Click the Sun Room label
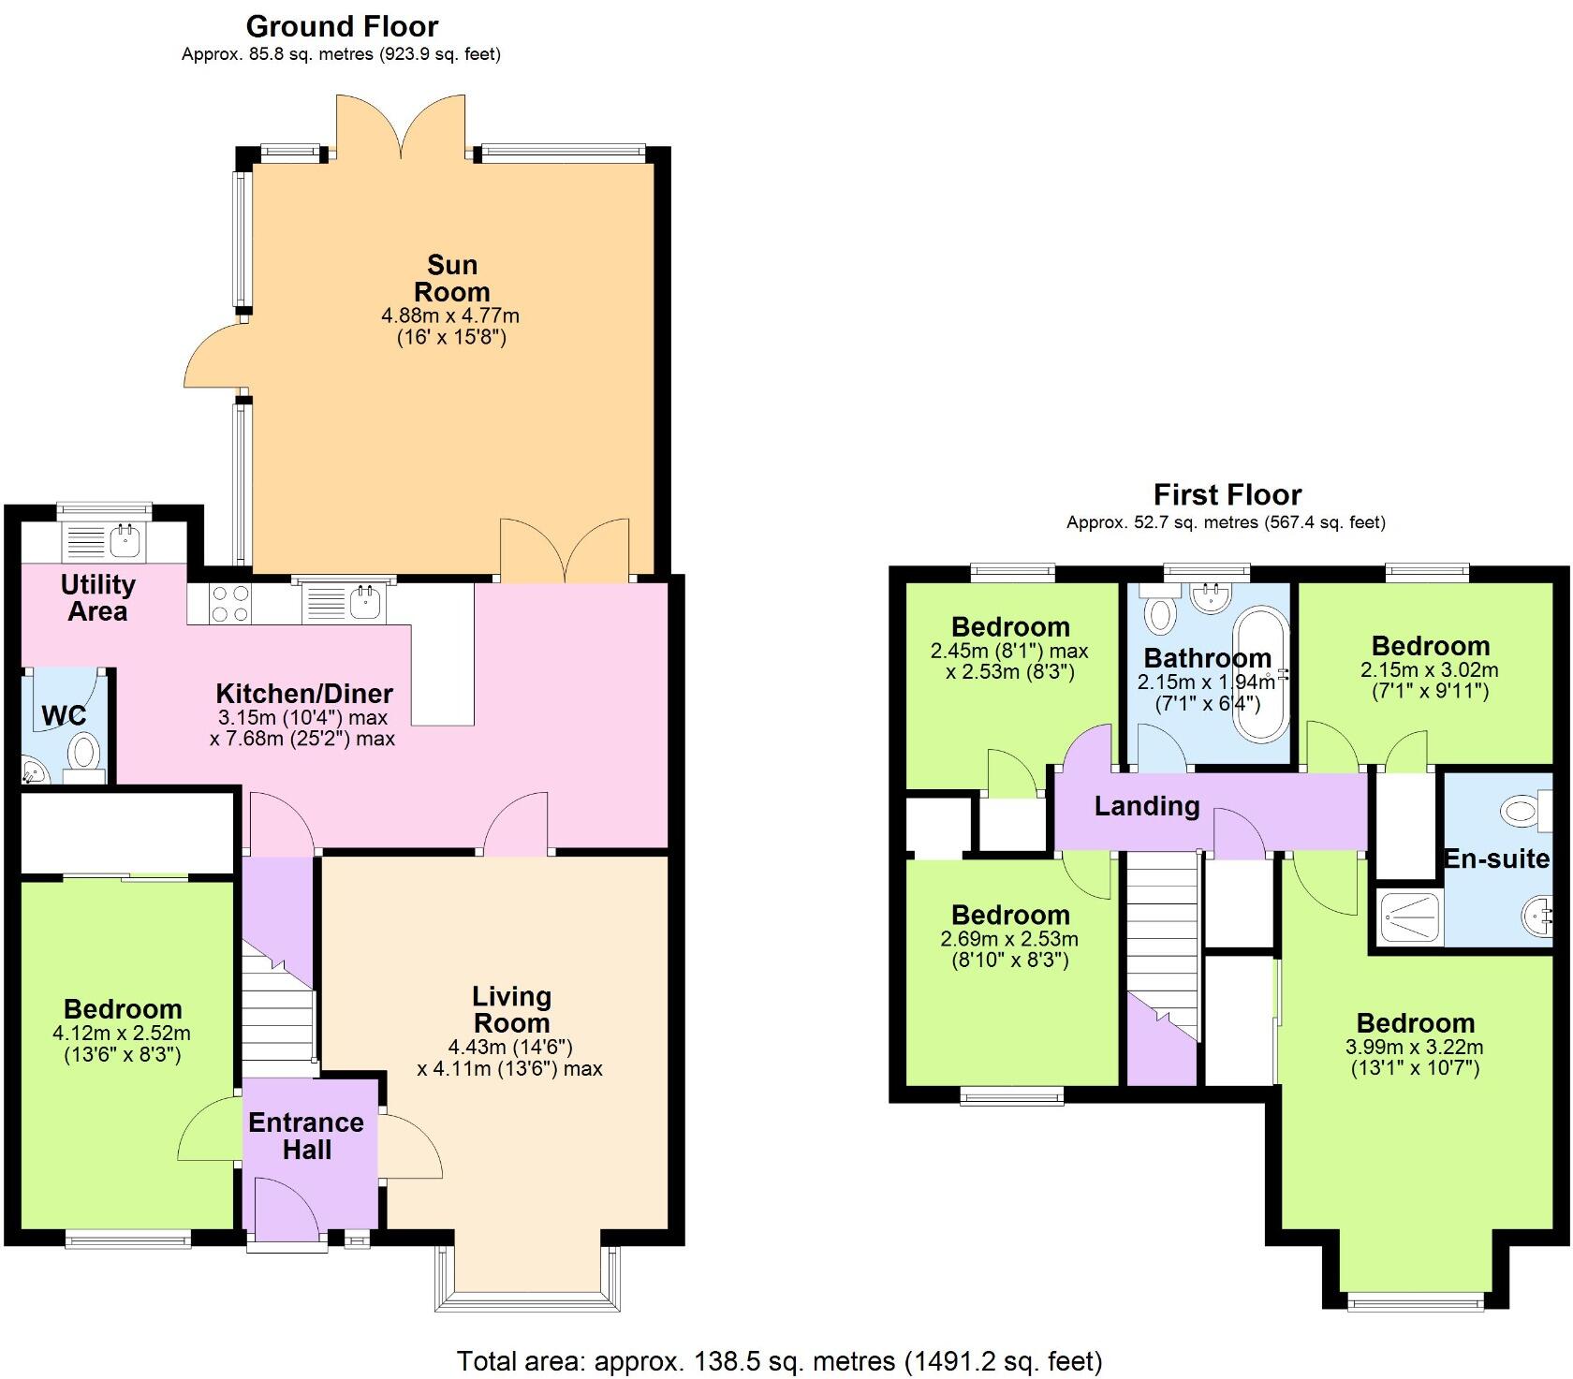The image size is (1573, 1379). (452, 278)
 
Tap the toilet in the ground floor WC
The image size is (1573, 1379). (86, 753)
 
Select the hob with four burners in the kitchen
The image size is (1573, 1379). (229, 604)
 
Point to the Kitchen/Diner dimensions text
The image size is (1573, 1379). (302, 728)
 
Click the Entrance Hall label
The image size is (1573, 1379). (306, 1136)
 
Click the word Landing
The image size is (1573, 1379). (1147, 806)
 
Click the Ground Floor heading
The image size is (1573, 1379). (342, 26)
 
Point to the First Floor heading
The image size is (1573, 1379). (1227, 494)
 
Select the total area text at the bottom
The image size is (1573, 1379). (779, 1361)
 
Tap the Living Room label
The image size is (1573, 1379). (511, 1009)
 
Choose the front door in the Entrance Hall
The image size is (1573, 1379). (286, 1208)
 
